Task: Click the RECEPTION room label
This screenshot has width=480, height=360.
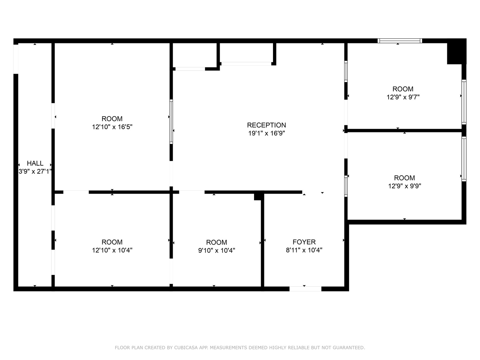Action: pos(266,125)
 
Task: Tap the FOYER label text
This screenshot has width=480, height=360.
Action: pos(304,242)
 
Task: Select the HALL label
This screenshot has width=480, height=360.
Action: pos(35,163)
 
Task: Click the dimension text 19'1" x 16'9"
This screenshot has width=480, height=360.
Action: pos(266,133)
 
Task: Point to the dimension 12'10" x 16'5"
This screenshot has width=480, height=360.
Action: pos(112,127)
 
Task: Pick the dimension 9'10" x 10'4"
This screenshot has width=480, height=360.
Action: pos(216,250)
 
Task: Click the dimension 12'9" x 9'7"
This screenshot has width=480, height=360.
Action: pos(403,97)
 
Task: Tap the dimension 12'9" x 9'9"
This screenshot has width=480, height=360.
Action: pos(404,186)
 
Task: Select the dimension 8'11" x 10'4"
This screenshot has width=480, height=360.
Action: pos(304,250)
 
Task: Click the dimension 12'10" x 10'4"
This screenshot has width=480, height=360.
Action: pos(112,250)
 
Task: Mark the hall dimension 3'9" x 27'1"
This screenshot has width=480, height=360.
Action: pos(35,172)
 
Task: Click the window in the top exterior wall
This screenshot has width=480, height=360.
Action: pos(400,41)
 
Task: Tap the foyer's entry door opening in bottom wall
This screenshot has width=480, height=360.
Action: pos(305,289)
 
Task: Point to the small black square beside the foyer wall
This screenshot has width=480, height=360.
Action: pos(258,196)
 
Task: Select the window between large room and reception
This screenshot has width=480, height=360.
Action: pos(171,122)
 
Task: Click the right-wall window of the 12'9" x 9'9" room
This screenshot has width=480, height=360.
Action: pos(464,159)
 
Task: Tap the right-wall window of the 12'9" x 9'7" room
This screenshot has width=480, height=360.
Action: pos(464,102)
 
